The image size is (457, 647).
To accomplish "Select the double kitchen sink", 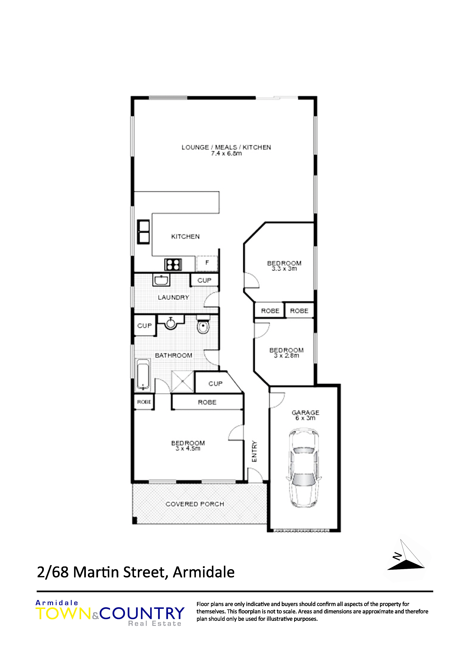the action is [143, 232].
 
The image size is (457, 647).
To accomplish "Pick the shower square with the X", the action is [182, 382].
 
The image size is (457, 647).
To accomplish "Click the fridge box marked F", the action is [207, 263].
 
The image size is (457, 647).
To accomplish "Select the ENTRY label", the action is [254, 451].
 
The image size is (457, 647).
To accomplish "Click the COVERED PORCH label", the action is [195, 504].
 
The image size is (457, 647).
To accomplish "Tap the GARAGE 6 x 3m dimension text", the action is [305, 418].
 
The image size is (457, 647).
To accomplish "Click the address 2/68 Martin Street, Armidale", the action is [136, 572].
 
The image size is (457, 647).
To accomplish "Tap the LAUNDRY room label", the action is [173, 297].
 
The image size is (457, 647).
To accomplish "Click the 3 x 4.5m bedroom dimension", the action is [188, 448].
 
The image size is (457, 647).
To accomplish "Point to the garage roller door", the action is [302, 531].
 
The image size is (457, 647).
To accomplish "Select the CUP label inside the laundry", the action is [204, 280].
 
